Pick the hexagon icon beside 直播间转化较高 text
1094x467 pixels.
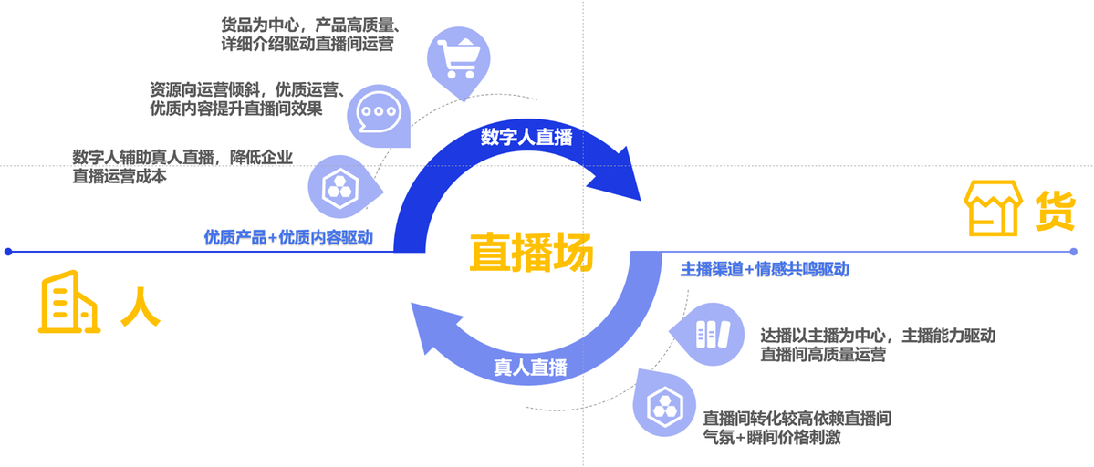coord(660,405)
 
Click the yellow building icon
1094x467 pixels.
coord(68,304)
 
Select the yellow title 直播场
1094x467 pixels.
coord(531,252)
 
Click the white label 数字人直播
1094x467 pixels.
coord(526,138)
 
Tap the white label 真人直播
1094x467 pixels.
coord(531,368)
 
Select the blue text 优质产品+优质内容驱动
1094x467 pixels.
coord(288,238)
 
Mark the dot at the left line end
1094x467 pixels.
coord(7,252)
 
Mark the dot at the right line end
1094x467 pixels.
coord(1073,252)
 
